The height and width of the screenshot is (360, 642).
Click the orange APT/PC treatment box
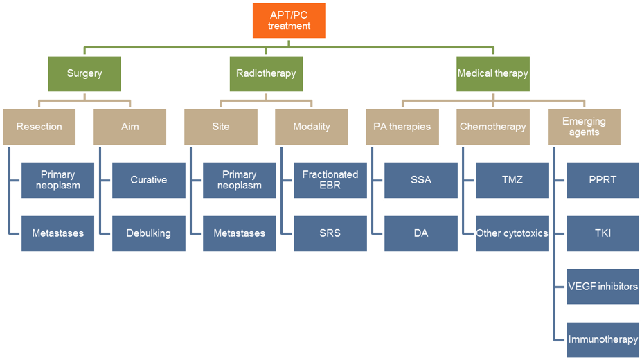click(289, 21)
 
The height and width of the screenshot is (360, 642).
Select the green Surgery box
click(84, 73)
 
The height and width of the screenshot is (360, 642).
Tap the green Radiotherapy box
click(266, 73)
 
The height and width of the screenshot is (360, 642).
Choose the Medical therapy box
click(493, 73)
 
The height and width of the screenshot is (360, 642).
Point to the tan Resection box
click(39, 127)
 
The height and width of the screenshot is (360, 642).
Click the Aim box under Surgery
click(130, 127)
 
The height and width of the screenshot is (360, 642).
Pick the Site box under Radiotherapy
click(220, 127)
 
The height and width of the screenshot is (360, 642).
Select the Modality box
click(312, 127)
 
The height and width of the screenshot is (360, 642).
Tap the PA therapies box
click(402, 127)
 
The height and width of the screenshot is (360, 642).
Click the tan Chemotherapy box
click(493, 127)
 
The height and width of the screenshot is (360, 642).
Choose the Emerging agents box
click(584, 127)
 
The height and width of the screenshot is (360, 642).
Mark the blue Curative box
click(148, 180)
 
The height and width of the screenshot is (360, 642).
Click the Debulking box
click(148, 233)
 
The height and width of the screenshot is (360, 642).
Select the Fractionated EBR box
click(330, 180)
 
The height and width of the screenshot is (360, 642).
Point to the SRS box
click(330, 233)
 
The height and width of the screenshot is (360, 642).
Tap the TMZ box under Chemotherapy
click(512, 180)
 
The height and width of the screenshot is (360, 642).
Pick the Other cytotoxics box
click(512, 233)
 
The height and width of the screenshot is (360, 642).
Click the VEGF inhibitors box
click(603, 286)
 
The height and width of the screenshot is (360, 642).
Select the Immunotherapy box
click(603, 339)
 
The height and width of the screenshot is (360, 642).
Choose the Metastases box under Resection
click(57, 233)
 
